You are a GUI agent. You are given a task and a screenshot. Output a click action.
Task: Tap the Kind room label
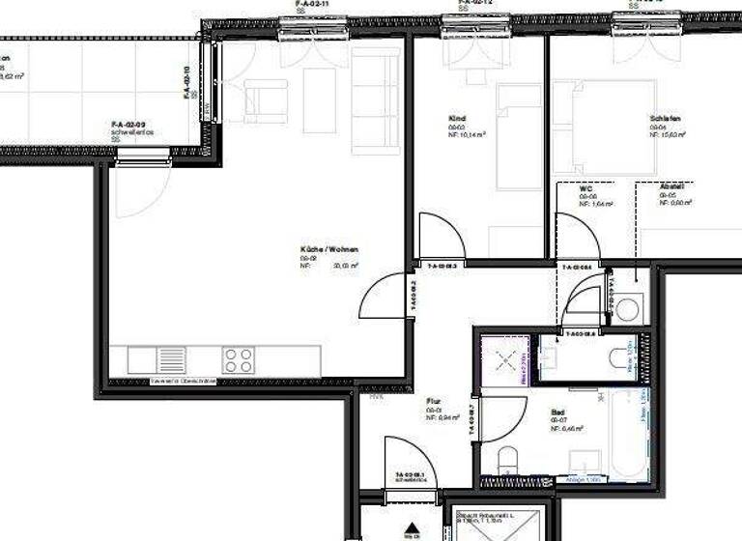click(457, 119)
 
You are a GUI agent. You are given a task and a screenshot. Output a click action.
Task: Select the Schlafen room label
click(666, 119)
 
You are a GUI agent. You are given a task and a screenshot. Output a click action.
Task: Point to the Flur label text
click(433, 400)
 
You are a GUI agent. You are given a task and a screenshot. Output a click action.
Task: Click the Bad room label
click(557, 411)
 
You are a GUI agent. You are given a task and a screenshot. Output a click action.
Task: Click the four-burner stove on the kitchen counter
click(238, 360)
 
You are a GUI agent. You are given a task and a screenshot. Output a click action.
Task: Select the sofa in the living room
click(375, 100)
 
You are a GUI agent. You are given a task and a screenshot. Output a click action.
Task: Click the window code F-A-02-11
click(312, 4)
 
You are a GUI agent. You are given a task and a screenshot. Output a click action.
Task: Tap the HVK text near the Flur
click(375, 395)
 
